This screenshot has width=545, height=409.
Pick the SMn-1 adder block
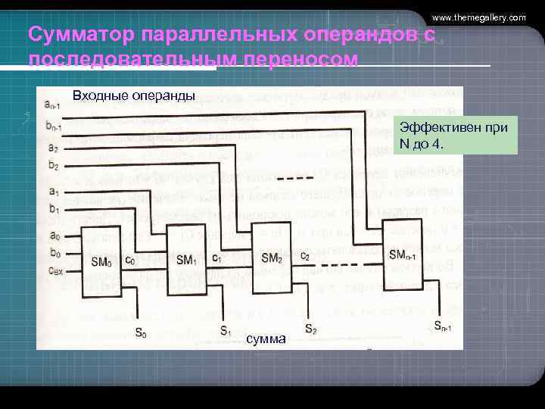[x=407, y=255]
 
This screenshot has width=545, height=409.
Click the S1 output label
[x=226, y=330]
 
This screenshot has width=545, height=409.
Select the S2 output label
[x=311, y=329]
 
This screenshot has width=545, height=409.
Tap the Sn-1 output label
[x=445, y=326]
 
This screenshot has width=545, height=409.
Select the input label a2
[x=52, y=148]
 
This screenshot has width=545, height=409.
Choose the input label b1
[x=52, y=208]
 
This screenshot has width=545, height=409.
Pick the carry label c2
[x=304, y=256]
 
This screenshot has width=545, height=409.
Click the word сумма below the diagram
[x=266, y=339]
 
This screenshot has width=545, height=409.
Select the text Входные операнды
[x=133, y=95]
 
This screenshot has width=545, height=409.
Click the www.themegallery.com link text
[x=478, y=17]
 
